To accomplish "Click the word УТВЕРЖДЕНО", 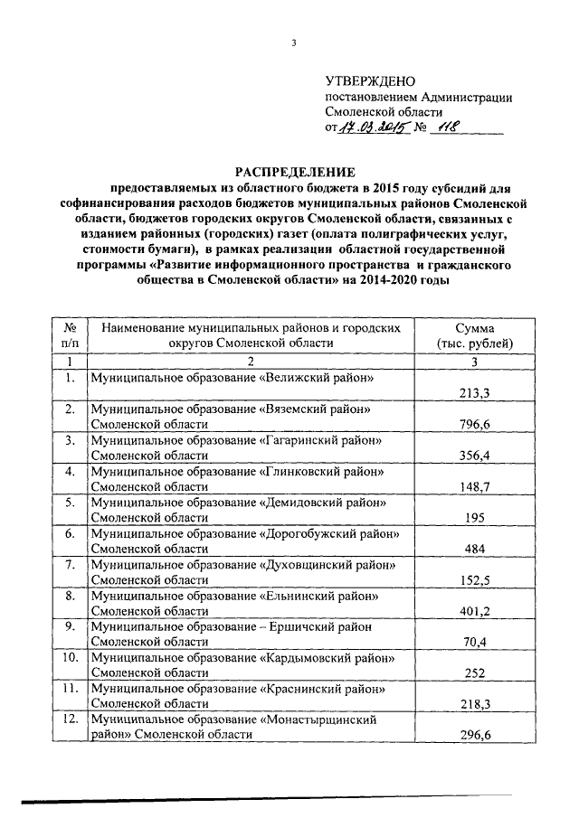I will pyautogui.click(x=372, y=81).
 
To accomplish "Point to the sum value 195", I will pyautogui.click(x=474, y=518).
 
